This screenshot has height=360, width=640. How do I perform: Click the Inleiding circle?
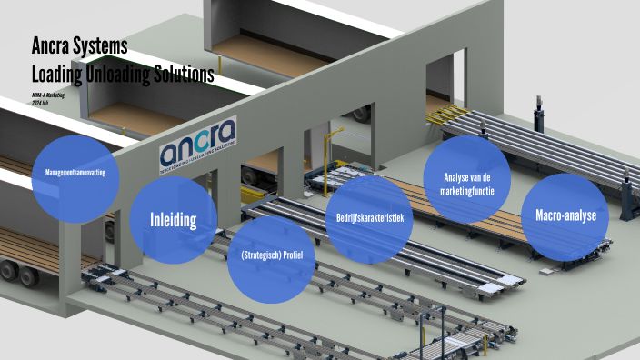[x=174, y=219]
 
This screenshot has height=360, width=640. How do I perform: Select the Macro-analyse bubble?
[x=565, y=216]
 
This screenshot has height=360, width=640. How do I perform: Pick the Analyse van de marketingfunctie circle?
[x=467, y=180]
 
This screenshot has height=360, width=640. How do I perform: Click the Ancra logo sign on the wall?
[x=197, y=142]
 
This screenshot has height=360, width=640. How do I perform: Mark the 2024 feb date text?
[x=40, y=104]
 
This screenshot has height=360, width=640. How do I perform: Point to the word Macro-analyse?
[x=565, y=216]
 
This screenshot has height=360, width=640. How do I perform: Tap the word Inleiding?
[x=174, y=219]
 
